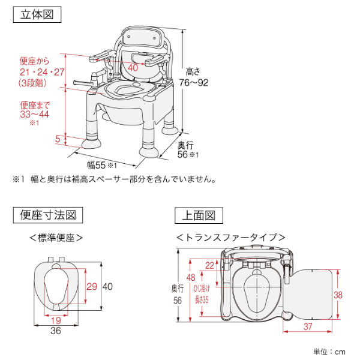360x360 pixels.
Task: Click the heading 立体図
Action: click(x=37, y=15)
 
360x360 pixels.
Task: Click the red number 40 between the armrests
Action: click(x=133, y=68)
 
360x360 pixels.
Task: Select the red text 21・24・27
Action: click(x=41, y=72)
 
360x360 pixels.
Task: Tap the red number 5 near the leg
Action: click(x=58, y=139)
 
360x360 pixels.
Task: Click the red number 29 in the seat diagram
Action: click(x=92, y=286)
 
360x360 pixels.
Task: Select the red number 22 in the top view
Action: click(x=209, y=265)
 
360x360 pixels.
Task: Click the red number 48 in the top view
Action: click(x=191, y=277)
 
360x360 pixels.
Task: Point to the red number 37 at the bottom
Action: click(x=306, y=326)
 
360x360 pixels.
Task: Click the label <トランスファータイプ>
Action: click(x=230, y=238)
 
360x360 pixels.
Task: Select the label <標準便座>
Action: click(x=56, y=238)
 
